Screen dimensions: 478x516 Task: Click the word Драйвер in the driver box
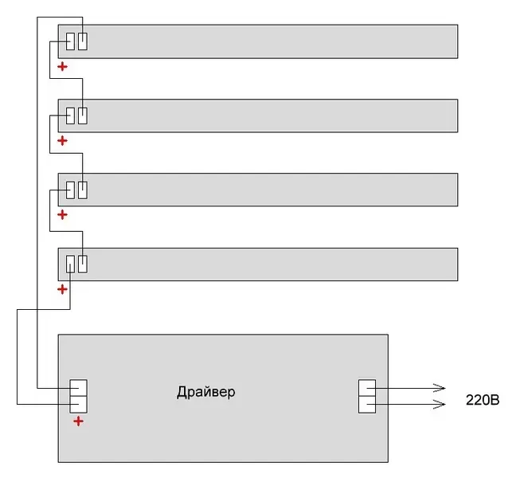(x=205, y=393)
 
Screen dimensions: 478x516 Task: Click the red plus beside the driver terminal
(x=78, y=421)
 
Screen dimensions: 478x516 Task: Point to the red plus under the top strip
(x=63, y=67)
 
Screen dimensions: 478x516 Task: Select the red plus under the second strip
(x=63, y=141)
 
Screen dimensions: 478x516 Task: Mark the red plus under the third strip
(x=63, y=215)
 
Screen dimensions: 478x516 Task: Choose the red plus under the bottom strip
(x=63, y=289)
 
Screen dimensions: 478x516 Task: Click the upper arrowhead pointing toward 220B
(x=440, y=389)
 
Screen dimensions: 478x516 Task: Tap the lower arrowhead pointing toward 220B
(x=440, y=405)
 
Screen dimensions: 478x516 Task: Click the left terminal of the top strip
(x=71, y=41)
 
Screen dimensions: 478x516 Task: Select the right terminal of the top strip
(x=83, y=41)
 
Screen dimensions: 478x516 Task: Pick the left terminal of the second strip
(x=71, y=116)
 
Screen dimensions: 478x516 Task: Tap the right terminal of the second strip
(x=83, y=116)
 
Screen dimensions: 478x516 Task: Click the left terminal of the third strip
(x=71, y=190)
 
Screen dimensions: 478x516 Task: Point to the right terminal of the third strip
(x=83, y=190)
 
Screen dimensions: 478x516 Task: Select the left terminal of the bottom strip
(x=71, y=264)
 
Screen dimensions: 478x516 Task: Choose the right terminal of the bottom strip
(x=83, y=264)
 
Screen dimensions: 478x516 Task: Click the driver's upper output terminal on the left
(x=78, y=389)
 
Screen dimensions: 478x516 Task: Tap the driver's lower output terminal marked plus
(x=78, y=405)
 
